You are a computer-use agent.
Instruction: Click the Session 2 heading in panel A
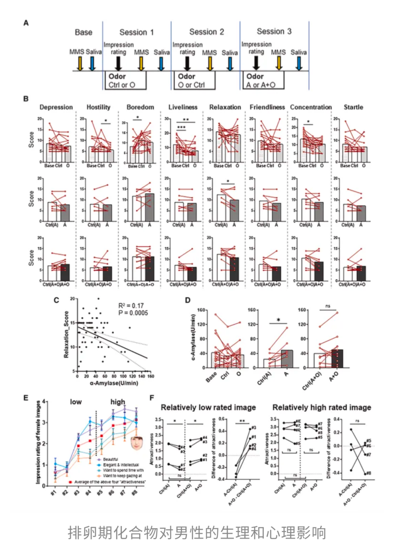[x=206, y=32]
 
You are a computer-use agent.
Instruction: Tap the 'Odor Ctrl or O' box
[x=125, y=80]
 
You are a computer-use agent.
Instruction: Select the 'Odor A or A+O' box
[x=263, y=80]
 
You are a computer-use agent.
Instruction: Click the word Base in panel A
[x=84, y=32]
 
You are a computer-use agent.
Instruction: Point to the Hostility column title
[x=98, y=107]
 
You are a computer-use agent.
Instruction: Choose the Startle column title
[x=353, y=107]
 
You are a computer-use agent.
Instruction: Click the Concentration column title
[x=311, y=107]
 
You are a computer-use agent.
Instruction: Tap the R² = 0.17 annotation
[x=131, y=306]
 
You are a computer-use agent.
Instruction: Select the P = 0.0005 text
[x=133, y=313]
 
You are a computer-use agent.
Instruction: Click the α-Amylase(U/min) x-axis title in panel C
[x=114, y=383]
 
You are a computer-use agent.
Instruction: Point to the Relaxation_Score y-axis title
[x=66, y=334]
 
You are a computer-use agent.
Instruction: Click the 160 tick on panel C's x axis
[x=150, y=376]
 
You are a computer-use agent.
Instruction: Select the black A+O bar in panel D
[x=337, y=359]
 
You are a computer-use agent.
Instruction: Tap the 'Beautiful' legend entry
[x=110, y=459]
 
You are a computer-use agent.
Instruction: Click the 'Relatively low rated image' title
[x=208, y=407]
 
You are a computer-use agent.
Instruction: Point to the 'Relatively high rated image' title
[x=322, y=407]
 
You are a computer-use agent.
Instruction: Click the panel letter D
[x=188, y=300]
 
